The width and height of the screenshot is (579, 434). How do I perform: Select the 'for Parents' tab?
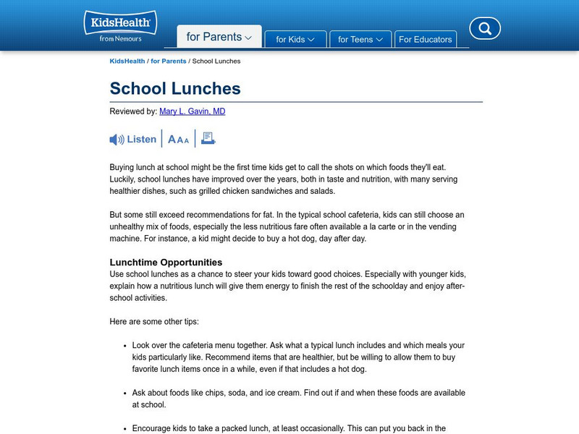click(219, 37)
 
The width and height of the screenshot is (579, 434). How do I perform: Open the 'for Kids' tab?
click(295, 39)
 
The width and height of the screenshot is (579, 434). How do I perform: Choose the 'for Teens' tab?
click(360, 39)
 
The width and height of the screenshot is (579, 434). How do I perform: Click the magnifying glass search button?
click(485, 29)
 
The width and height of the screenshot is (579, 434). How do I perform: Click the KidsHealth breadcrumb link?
click(127, 61)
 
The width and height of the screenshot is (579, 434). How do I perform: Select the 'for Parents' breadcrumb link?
click(169, 61)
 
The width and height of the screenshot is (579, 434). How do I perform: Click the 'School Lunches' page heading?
click(175, 88)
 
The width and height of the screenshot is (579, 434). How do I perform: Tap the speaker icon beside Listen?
click(117, 140)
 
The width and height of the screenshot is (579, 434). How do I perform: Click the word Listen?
click(142, 140)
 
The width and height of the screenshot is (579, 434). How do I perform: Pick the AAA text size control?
click(178, 140)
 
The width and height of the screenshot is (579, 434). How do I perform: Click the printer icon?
click(208, 138)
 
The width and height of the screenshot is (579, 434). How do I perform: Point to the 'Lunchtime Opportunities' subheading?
click(166, 262)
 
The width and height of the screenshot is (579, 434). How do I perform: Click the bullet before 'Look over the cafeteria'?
click(125, 346)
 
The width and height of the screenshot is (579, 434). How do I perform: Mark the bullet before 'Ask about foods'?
click(125, 393)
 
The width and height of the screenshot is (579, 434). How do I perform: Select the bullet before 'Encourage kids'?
click(125, 429)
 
